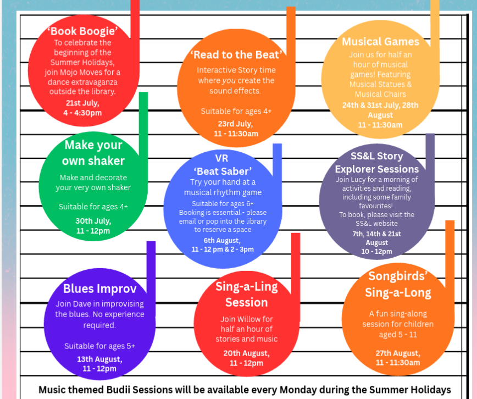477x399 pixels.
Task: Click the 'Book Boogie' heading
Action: (82, 31)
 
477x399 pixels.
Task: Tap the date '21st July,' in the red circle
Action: (82, 103)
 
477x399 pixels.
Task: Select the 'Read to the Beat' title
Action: (236, 54)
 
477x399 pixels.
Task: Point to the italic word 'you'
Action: (229, 81)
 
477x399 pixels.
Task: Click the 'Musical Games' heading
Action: (380, 41)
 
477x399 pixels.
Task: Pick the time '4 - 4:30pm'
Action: (82, 113)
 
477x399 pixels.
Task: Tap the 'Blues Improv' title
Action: (100, 289)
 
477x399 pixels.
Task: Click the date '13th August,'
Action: (99, 359)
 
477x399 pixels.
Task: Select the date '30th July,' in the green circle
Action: (93, 220)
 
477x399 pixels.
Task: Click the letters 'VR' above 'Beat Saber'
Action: (221, 158)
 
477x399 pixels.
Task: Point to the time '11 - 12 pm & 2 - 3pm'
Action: (223, 250)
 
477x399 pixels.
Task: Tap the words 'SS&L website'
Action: (376, 223)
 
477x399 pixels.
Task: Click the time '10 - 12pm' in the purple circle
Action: (376, 251)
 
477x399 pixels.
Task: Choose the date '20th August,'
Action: (246, 353)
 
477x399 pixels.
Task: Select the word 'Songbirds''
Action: (398, 276)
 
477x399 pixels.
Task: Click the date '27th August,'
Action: (398, 353)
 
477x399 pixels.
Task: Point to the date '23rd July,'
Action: (235, 124)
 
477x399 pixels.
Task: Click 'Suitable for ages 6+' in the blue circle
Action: (223, 203)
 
